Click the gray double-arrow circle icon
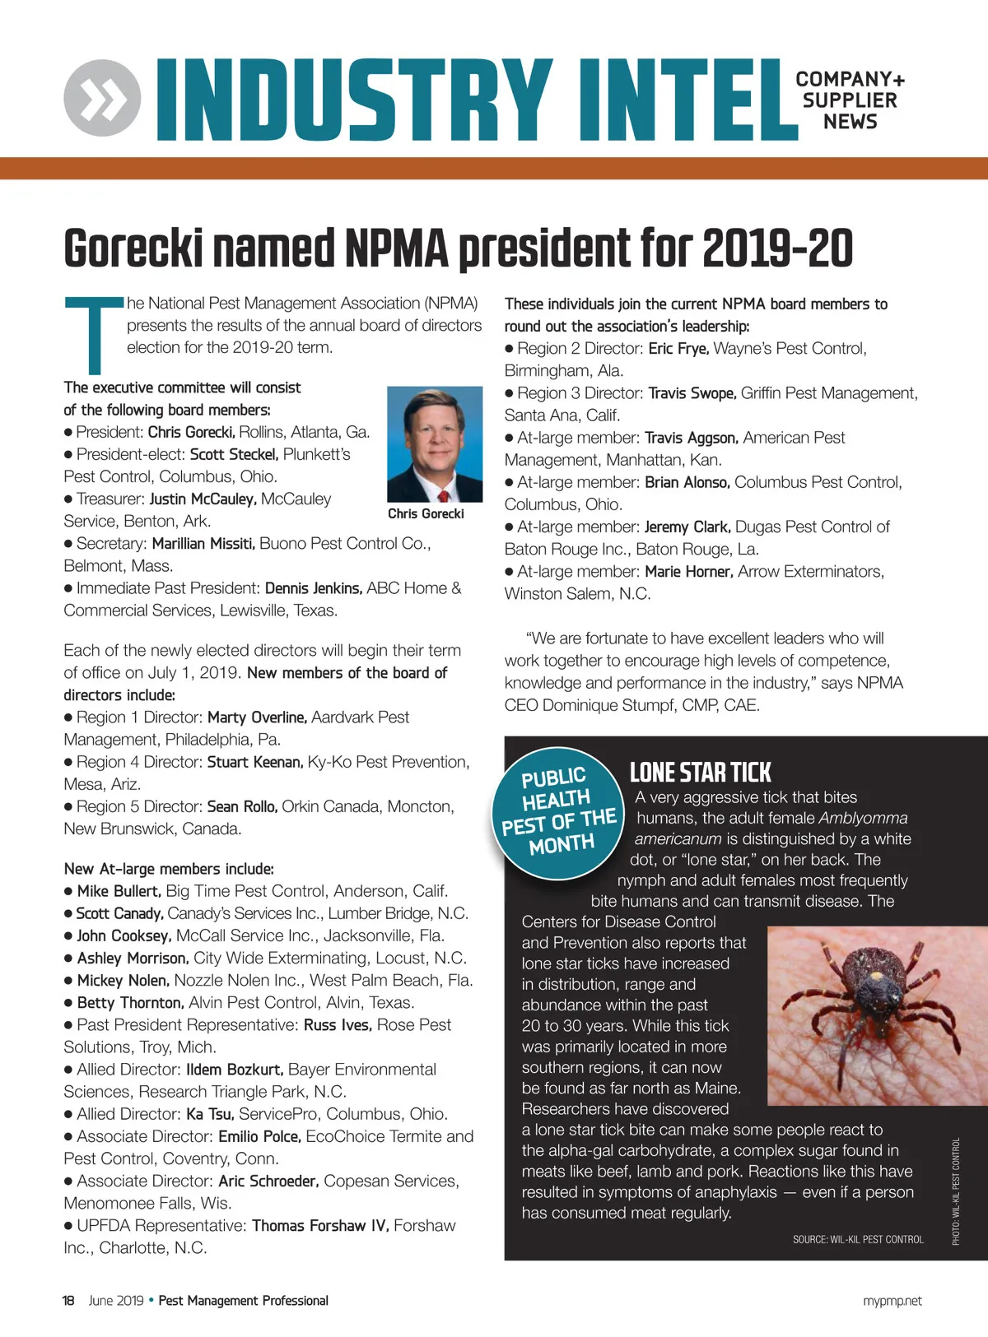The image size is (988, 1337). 102,98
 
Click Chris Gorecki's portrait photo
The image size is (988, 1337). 435,443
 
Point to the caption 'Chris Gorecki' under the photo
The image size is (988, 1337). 426,513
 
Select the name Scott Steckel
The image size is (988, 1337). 234,454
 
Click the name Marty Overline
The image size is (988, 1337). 257,717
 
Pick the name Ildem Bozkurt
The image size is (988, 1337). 235,1070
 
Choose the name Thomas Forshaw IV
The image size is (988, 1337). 320,1226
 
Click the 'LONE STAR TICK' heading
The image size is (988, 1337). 700,773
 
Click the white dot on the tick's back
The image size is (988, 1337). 876,977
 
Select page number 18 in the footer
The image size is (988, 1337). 68,1301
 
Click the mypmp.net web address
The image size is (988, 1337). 892,1301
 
